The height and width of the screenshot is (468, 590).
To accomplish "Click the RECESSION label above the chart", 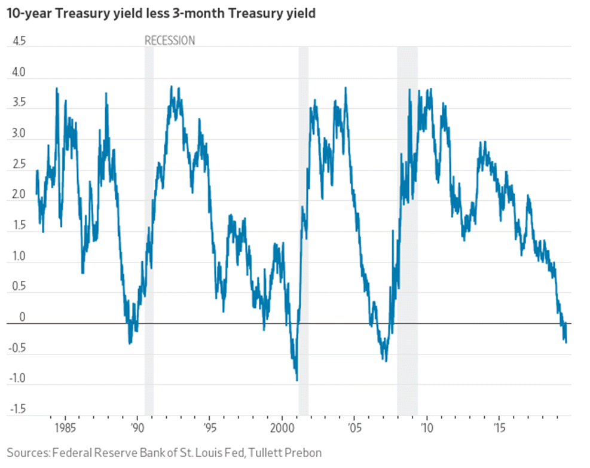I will point(170,41).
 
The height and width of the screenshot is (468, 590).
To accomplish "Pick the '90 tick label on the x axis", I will point(137,428).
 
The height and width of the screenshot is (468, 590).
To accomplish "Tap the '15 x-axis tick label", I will point(499,428).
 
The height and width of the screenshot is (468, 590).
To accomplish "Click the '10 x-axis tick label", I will point(426,428).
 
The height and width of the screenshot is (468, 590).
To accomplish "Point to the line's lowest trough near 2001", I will point(297,380).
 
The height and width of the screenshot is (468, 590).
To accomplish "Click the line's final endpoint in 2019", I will point(566,342).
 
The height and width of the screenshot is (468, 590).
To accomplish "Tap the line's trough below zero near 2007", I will point(386,361).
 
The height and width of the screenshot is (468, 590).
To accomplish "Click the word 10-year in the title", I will point(29,14).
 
